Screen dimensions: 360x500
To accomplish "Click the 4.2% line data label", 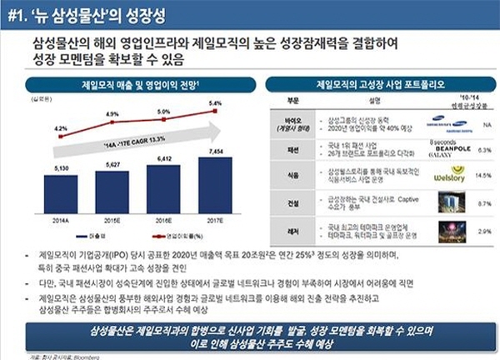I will (61, 127).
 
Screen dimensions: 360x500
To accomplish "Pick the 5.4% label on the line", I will (215, 104).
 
